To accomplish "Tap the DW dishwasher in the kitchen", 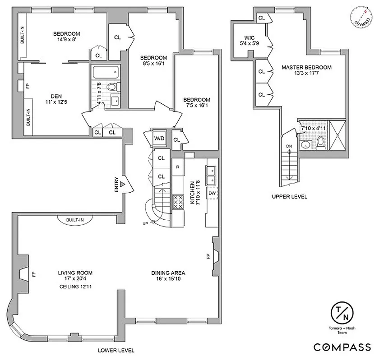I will pos(212,193).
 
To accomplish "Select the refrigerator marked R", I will pos(178,167).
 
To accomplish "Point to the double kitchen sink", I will pos(212,175).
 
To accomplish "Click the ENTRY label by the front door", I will pos(116,184).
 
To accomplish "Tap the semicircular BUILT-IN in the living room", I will pos(75,219).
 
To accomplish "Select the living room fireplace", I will pos(24,273).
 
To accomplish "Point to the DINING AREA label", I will pos(168,273).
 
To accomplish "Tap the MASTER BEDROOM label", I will pos(306,67).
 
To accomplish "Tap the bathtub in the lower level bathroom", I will pos(105,71).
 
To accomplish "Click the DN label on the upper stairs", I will pos(289,146).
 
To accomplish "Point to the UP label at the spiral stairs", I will pos(145,223).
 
